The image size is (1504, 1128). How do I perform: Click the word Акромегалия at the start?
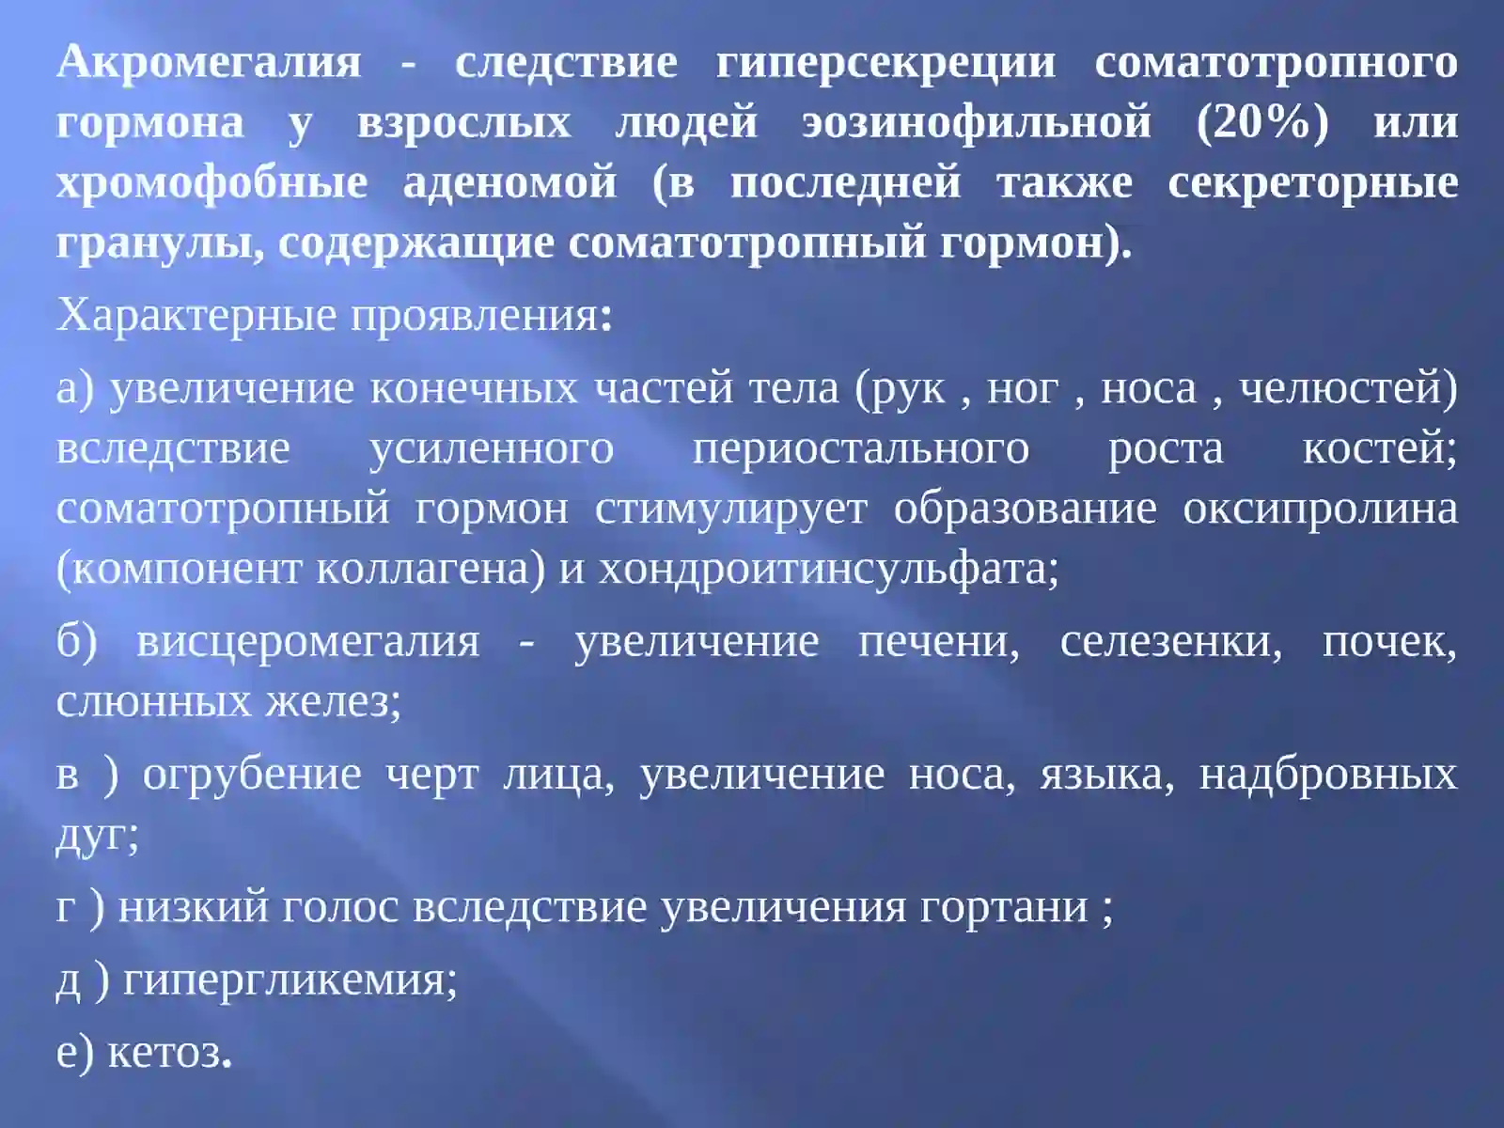[x=209, y=63]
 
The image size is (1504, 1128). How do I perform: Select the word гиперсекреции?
[x=885, y=63]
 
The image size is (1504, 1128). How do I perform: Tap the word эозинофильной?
[x=977, y=123]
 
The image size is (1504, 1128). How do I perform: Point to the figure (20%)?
[x=1262, y=123]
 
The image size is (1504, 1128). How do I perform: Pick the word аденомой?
[x=509, y=183]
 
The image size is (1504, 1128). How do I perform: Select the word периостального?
[x=860, y=448]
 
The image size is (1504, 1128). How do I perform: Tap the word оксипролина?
[x=1320, y=509]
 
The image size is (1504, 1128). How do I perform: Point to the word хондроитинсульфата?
[x=823, y=569]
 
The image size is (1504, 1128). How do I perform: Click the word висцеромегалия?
[x=307, y=641]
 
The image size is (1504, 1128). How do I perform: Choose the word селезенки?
[x=1170, y=641]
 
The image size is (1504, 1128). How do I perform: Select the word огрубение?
[x=251, y=775]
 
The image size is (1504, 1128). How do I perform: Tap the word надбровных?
[x=1327, y=775]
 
